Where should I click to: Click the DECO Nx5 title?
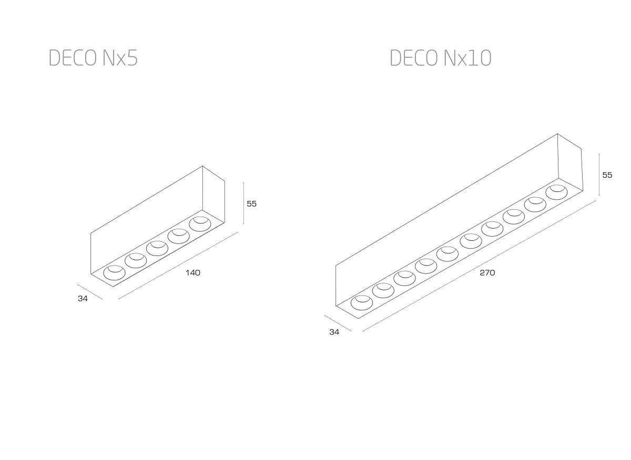pos(93,58)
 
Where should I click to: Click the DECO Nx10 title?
pos(440,58)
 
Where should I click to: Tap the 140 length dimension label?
pos(193,272)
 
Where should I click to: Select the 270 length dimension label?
pos(487,273)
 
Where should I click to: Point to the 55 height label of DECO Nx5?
pos(251,203)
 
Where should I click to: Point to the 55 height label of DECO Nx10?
pos(607,175)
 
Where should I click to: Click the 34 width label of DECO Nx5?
pos(82,299)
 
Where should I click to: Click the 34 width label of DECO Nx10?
pos(334,332)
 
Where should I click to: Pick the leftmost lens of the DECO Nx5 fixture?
pos(114,272)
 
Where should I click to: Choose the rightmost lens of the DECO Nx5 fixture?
pos(200,223)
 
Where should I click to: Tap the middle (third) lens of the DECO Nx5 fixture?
pos(157,248)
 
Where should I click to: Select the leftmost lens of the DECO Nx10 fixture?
pos(361,303)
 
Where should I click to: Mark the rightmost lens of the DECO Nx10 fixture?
pos(556,192)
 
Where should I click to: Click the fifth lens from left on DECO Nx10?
pos(447,254)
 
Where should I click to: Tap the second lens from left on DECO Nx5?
pos(136,260)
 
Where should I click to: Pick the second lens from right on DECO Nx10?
pos(534,204)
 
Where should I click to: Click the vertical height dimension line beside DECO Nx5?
pos(243,202)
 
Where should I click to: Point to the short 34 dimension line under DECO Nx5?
pos(90,292)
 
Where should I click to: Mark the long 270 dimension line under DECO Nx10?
pos(479,265)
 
